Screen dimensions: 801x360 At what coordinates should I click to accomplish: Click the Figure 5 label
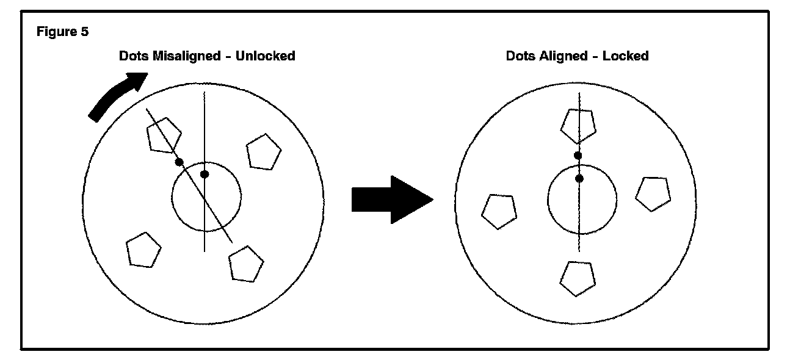click(x=62, y=32)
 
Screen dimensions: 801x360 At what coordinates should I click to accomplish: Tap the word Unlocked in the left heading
click(x=265, y=56)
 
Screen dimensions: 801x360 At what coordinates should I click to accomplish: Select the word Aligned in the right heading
click(x=562, y=56)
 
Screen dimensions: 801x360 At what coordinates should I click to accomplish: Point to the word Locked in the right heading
click(x=625, y=56)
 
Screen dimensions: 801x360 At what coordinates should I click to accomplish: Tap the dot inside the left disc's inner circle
click(x=205, y=175)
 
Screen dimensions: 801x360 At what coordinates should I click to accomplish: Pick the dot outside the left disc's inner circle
click(x=179, y=162)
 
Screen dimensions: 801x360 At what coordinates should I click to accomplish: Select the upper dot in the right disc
click(x=578, y=156)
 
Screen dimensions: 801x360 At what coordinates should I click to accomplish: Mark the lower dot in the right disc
click(x=579, y=179)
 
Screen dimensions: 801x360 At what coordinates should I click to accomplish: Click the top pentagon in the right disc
click(x=578, y=125)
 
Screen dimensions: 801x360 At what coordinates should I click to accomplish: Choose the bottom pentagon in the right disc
click(x=577, y=278)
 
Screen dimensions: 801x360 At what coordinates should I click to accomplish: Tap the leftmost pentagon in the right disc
click(x=499, y=211)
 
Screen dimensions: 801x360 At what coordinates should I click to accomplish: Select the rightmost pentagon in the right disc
click(x=653, y=193)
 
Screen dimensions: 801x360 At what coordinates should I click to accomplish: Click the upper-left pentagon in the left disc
click(x=164, y=134)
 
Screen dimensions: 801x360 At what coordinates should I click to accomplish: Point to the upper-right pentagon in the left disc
click(x=263, y=153)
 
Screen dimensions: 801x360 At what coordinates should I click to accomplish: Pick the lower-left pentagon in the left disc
click(x=143, y=250)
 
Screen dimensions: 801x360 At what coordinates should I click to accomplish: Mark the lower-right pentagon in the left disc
click(x=246, y=264)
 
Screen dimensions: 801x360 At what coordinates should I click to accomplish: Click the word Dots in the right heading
click(x=520, y=56)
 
